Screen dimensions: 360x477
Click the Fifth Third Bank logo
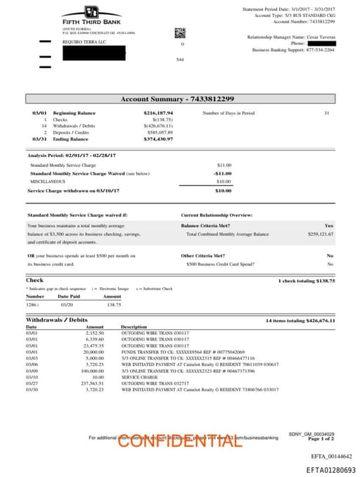click(91, 15)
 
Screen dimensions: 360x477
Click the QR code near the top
click(179, 32)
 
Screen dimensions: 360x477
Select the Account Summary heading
click(177, 99)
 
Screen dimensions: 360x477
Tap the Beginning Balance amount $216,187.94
click(158, 113)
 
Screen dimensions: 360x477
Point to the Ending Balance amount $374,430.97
click(158, 139)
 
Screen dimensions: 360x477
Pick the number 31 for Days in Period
click(326, 113)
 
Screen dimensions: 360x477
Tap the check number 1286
click(32, 305)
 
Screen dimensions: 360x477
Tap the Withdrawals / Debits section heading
click(58, 320)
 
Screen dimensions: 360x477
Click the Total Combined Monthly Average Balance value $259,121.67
click(320, 234)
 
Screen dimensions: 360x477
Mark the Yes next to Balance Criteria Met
click(329, 225)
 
